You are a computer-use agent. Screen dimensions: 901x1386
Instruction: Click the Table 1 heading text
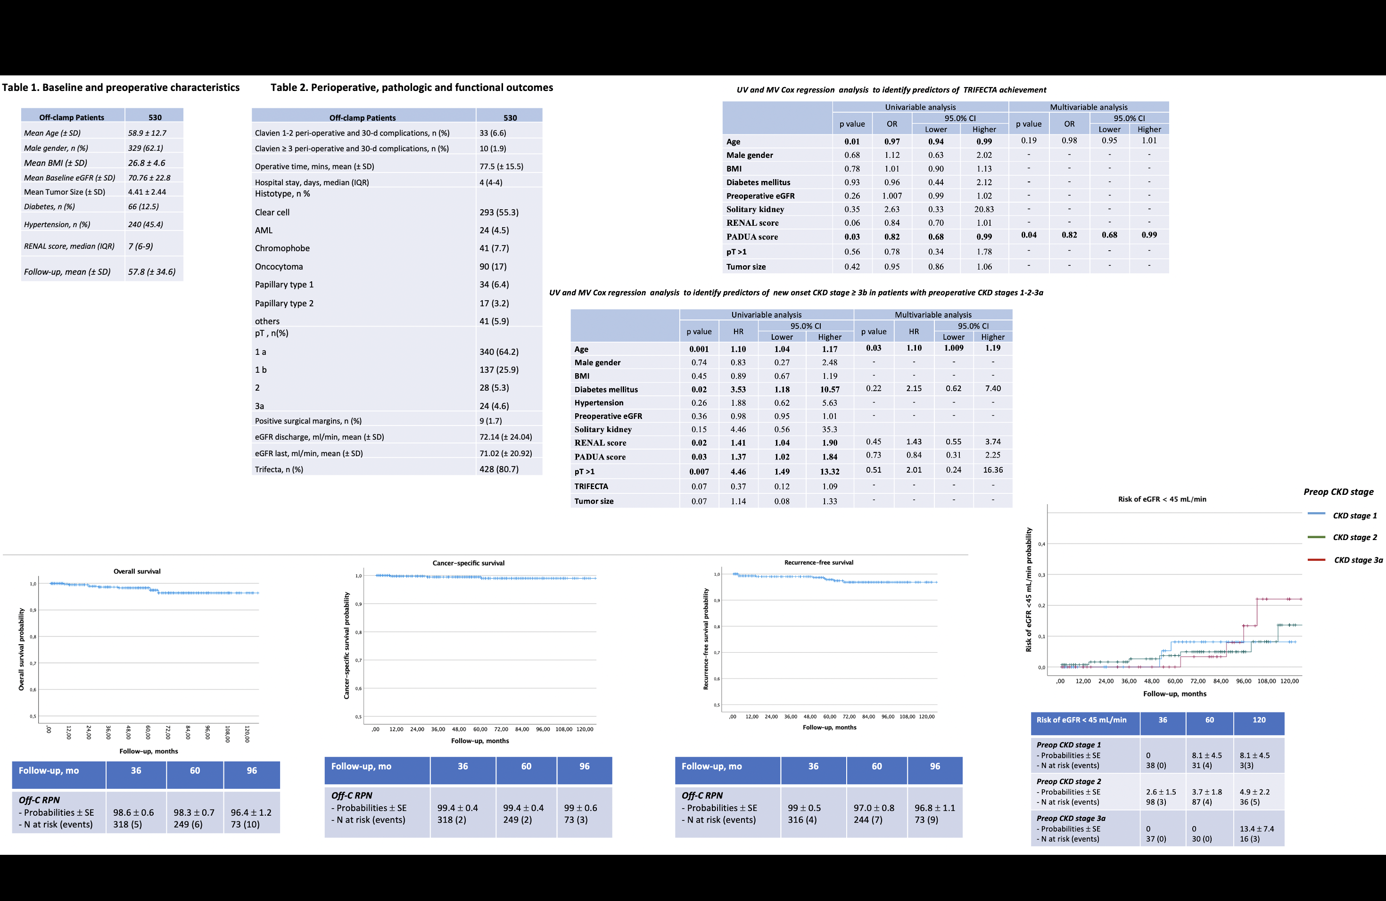(x=121, y=87)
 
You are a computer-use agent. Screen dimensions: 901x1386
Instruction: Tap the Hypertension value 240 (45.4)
(x=146, y=225)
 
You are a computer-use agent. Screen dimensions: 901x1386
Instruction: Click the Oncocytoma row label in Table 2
(x=279, y=267)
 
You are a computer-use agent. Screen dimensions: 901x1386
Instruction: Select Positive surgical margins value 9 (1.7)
(x=490, y=421)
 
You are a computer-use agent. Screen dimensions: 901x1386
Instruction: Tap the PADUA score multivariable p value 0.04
(x=1029, y=235)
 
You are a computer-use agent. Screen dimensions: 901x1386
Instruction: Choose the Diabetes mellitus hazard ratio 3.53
(x=738, y=389)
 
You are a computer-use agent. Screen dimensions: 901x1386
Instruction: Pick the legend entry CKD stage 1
(x=1354, y=516)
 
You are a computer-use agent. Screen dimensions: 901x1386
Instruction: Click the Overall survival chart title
(x=137, y=572)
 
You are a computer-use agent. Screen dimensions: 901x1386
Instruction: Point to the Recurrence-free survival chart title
(x=818, y=563)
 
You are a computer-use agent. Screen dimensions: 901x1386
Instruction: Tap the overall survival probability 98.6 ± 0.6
(x=133, y=812)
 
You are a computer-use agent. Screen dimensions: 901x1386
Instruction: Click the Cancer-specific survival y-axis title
(x=347, y=646)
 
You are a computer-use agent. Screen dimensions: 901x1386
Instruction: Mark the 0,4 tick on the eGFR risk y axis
(x=1041, y=544)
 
